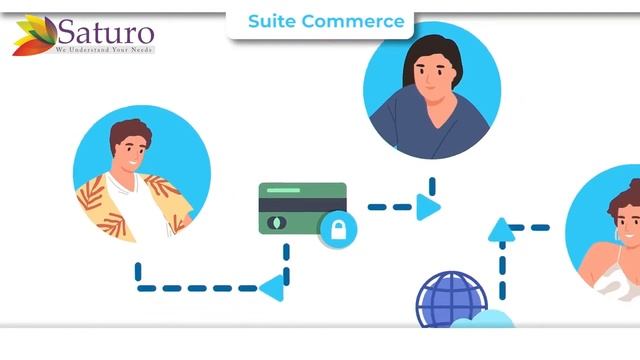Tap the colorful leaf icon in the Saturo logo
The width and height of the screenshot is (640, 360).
tap(34, 35)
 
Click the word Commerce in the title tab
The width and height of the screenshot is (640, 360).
tap(354, 21)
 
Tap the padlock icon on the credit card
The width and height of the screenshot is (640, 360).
tap(337, 231)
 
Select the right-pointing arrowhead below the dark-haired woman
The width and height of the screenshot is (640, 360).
tap(428, 207)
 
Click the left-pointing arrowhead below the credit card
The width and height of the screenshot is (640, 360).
tap(271, 288)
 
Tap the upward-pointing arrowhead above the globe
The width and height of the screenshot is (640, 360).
tap(502, 231)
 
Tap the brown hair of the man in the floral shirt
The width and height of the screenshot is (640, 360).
tap(130, 131)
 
